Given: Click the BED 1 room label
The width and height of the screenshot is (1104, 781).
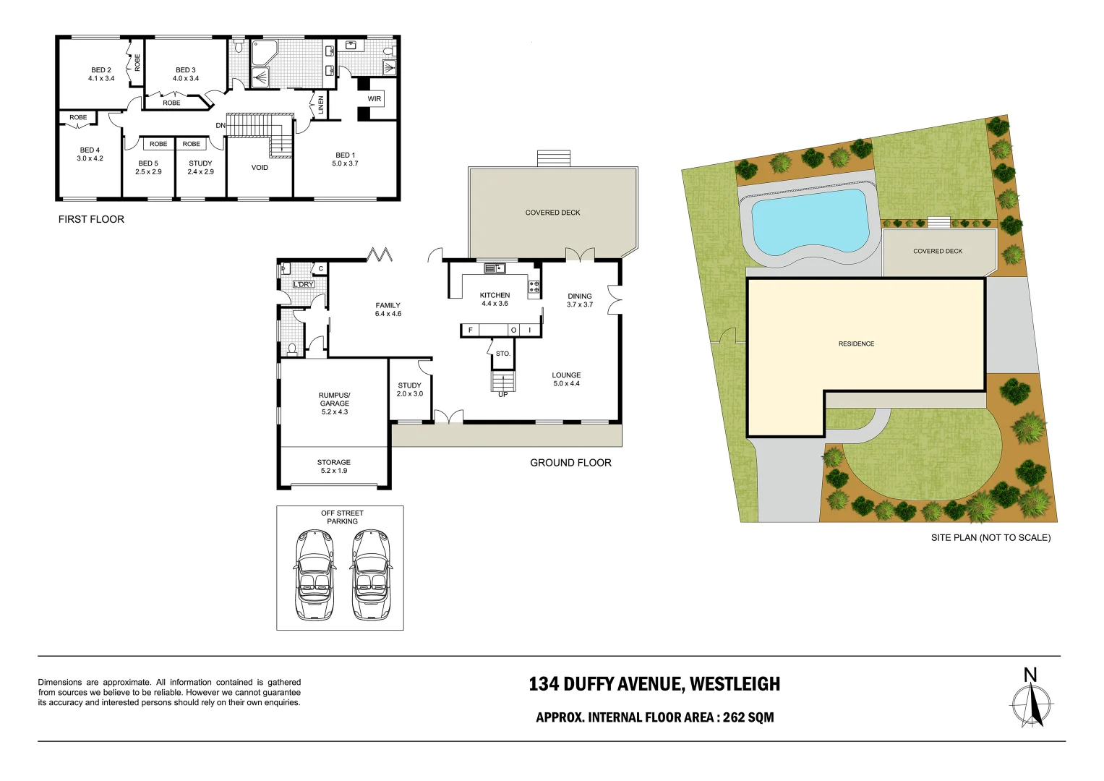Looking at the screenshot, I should [345, 159].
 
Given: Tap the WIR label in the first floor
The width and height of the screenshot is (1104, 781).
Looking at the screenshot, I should [374, 99].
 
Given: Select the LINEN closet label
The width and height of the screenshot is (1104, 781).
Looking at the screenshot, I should [321, 105].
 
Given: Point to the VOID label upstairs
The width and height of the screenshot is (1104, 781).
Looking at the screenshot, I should [260, 168].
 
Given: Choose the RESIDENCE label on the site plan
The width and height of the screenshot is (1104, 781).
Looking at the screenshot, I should [856, 344].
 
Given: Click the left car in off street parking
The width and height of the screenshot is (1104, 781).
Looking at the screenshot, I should [314, 576].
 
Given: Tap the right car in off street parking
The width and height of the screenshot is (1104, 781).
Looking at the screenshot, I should [371, 576].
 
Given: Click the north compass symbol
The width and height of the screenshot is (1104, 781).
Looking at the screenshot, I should [1032, 699].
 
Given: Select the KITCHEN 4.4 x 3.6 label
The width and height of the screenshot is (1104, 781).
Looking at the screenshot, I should [495, 299].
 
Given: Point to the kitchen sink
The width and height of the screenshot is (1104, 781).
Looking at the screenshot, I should [495, 268].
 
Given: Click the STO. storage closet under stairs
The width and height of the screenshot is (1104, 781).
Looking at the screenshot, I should [503, 354].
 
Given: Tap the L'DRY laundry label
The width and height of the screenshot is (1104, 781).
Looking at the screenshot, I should [304, 284].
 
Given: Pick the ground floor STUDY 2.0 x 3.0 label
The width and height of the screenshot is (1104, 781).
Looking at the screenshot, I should [409, 390].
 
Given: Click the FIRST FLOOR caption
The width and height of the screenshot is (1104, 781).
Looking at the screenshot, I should [91, 219].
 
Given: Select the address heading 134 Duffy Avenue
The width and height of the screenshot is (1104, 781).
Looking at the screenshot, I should [654, 684].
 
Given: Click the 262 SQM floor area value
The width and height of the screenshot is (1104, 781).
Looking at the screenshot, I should [748, 717].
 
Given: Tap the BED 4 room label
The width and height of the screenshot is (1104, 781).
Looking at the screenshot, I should [90, 154].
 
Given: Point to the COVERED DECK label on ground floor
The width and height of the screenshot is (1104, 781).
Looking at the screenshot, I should [552, 213].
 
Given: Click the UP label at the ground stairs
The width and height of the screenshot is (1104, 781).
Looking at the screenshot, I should [502, 394].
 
